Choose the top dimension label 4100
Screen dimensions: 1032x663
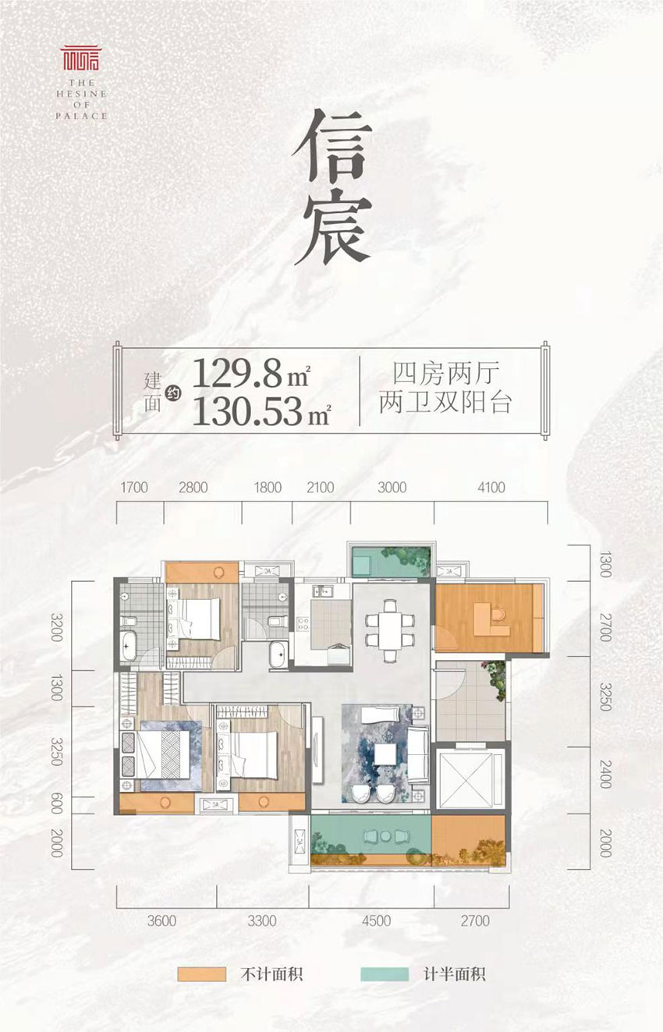tap(491, 488)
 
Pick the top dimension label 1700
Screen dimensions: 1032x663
tap(135, 488)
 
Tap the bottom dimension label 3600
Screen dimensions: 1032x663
tap(161, 921)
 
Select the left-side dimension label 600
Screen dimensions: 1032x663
tap(56, 805)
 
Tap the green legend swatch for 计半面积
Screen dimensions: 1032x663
tap(385, 974)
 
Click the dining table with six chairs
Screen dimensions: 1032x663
tap(389, 628)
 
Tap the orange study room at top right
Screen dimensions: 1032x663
tap(484, 616)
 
